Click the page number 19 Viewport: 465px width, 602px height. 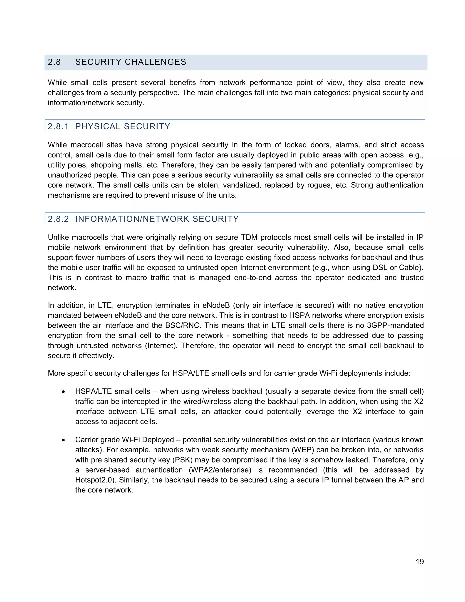(420, 562)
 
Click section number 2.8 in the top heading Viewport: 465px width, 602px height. (54, 62)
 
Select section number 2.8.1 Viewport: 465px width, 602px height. (58, 127)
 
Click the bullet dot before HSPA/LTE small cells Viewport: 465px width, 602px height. (63, 392)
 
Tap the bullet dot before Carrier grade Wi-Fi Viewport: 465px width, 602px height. (63, 440)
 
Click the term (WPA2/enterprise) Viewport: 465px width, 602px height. (220, 470)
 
